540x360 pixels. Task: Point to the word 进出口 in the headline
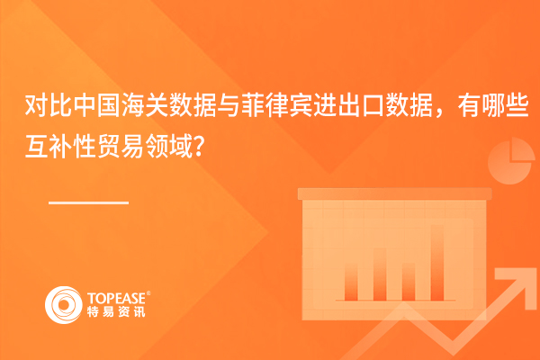click(x=349, y=106)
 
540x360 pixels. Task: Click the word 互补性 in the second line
click(x=60, y=146)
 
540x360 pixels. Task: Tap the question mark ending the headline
click(x=198, y=147)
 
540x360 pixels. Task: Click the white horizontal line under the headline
click(x=88, y=202)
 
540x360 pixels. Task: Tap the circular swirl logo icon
click(x=64, y=305)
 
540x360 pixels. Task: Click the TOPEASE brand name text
click(x=116, y=298)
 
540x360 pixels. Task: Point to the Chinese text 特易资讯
click(x=116, y=311)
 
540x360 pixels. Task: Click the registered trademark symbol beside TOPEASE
click(x=148, y=293)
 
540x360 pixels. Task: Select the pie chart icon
click(x=511, y=161)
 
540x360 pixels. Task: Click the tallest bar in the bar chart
click(x=437, y=263)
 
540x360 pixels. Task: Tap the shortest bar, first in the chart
click(x=351, y=282)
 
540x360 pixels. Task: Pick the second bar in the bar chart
click(x=380, y=274)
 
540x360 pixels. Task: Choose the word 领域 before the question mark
click(x=168, y=146)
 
